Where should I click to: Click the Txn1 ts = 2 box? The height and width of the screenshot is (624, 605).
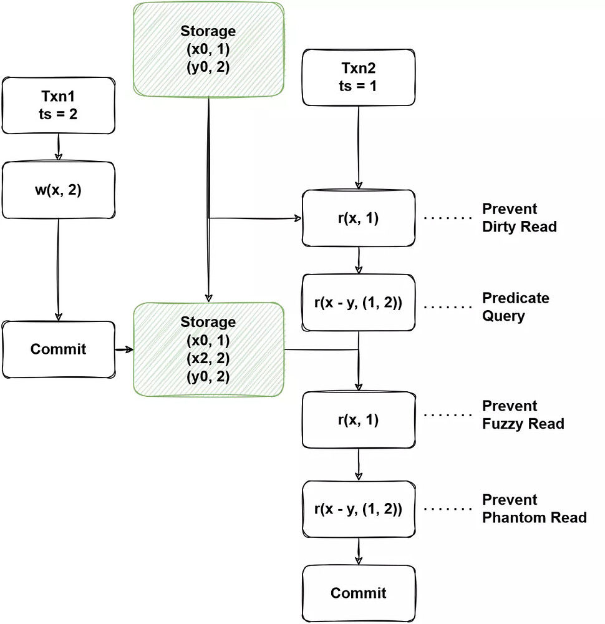(59, 105)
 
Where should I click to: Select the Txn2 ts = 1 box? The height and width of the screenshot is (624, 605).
(359, 77)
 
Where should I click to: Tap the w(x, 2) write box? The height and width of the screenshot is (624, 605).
(59, 190)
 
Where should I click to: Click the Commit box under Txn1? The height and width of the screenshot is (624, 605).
(59, 349)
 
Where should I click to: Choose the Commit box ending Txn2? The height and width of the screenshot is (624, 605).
(359, 593)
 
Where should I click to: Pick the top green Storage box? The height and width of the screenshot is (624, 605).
(208, 49)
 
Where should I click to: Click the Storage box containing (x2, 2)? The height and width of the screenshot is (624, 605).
(208, 349)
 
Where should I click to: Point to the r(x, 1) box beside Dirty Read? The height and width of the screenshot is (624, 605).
(359, 218)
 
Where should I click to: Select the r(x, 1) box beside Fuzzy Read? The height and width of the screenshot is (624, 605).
(359, 420)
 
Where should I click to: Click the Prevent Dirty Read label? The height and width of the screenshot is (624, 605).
(519, 218)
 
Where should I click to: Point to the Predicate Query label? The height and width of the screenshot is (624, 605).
(516, 307)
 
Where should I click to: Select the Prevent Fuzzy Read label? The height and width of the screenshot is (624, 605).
(523, 415)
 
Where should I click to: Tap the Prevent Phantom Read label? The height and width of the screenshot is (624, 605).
(534, 509)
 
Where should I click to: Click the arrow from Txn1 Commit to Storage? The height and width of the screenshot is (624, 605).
(124, 350)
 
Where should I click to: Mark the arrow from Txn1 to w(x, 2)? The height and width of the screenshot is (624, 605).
(59, 147)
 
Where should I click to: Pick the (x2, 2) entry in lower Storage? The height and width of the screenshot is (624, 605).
(208, 359)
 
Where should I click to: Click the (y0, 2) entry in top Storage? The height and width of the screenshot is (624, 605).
(208, 67)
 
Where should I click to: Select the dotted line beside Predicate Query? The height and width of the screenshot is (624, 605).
(448, 307)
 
